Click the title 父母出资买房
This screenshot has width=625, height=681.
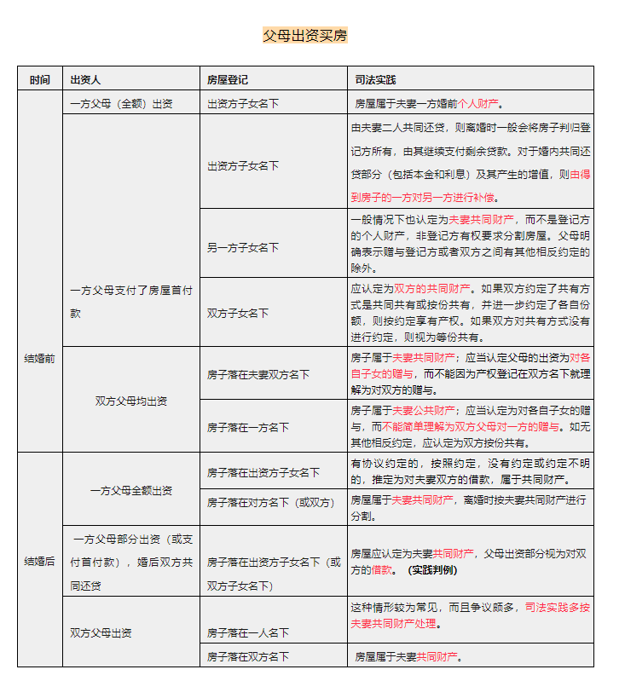click(304, 36)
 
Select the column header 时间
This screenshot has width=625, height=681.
click(39, 79)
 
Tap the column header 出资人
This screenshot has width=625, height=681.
click(85, 79)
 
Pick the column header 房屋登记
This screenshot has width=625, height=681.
click(227, 79)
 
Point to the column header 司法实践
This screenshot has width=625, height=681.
click(375, 79)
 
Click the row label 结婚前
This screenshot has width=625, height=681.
click(39, 359)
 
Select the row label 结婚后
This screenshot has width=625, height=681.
click(39, 561)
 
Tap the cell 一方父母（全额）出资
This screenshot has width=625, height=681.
click(121, 104)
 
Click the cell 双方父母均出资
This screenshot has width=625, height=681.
click(131, 400)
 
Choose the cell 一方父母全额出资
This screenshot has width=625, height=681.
click(131, 490)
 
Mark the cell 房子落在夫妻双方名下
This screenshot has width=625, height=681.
click(258, 374)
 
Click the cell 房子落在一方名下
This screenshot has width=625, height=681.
click(247, 427)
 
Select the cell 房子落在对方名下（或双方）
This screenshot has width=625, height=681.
click(270, 502)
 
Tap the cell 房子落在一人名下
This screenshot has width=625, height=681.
click(247, 632)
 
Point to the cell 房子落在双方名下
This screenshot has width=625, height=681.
click(247, 656)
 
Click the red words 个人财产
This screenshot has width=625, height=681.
click(477, 104)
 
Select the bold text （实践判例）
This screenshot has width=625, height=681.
click(433, 569)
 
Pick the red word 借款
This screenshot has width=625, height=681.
click(381, 569)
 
